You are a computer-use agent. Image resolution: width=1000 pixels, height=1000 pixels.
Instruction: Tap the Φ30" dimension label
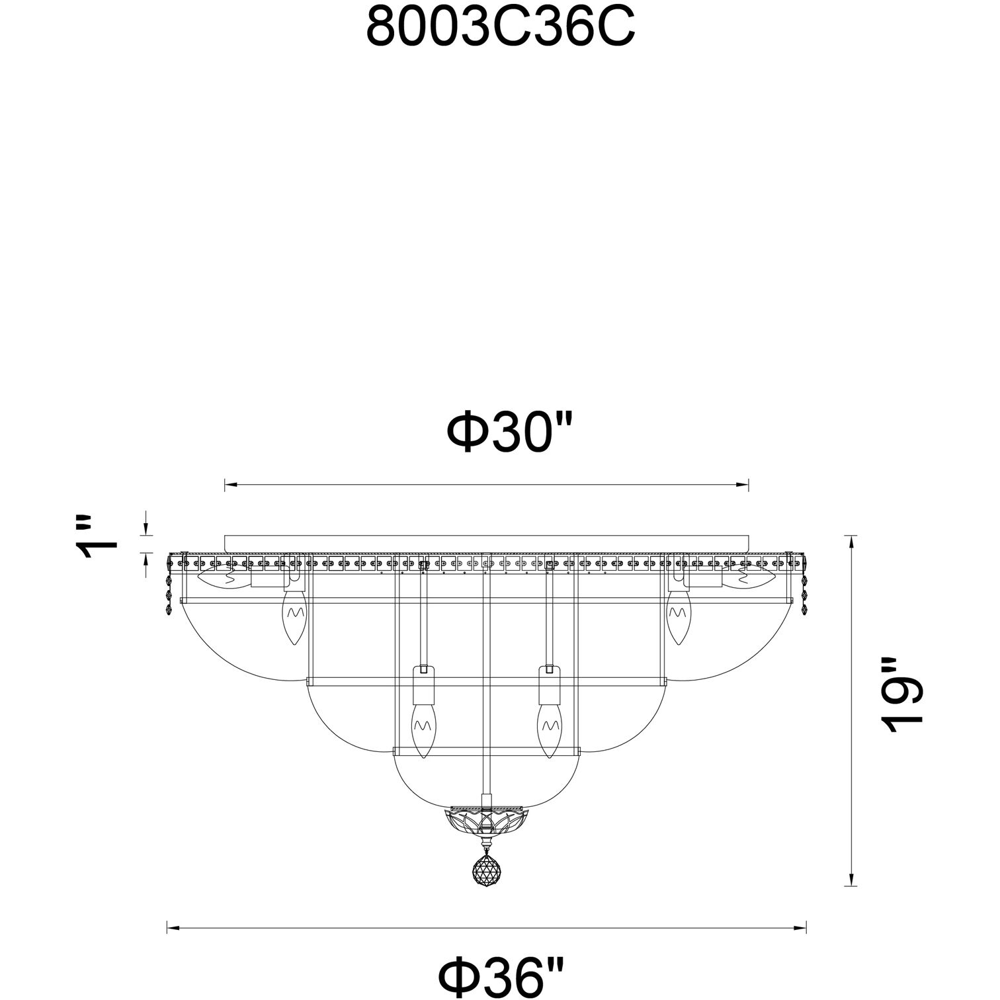(x=509, y=432)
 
